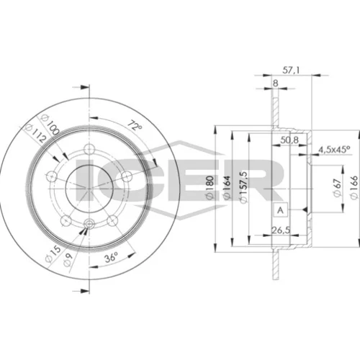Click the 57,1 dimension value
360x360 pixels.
[291, 71]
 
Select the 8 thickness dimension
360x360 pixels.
[276, 84]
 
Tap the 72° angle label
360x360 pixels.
[135, 125]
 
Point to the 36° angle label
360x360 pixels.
[112, 258]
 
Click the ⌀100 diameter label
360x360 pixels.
[50, 125]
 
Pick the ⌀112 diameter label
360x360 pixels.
[36, 134]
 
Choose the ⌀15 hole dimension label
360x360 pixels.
[53, 254]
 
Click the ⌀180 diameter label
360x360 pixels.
[210, 187]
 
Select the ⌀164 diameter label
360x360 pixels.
[227, 187]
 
